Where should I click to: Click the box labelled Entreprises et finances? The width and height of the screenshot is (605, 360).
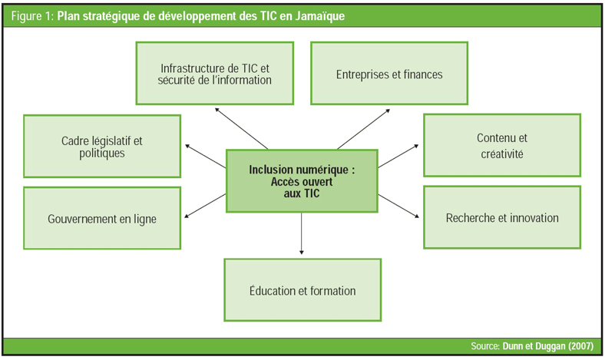[388, 74]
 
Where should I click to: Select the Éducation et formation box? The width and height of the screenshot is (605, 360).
[302, 289]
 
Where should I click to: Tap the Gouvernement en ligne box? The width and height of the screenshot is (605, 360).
[102, 218]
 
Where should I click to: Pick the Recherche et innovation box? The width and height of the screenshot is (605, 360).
[502, 217]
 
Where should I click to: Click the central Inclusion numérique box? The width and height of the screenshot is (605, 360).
[302, 180]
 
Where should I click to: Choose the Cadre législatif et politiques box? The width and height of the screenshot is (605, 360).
[102, 146]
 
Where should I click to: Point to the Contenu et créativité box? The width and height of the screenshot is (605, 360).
[502, 146]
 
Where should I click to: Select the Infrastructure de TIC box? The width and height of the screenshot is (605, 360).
[216, 74]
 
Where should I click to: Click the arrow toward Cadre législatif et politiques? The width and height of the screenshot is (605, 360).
[206, 156]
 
